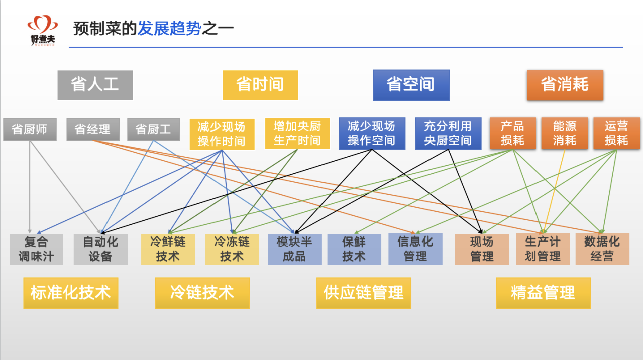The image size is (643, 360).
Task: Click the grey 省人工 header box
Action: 95,85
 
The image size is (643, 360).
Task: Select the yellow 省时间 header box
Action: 260,85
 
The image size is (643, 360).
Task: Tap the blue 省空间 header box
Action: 411,85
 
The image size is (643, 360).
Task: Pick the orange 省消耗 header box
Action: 565,85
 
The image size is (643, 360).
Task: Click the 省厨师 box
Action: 30,130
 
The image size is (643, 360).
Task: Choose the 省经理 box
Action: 93,130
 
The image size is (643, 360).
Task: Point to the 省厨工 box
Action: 153,130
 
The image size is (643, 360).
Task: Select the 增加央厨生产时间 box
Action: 297,134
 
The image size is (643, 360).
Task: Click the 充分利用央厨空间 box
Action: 448,134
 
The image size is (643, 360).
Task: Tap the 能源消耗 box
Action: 565,134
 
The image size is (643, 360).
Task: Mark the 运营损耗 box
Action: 616,134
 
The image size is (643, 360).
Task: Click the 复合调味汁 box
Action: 36,250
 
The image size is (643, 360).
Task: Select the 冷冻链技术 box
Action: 232,250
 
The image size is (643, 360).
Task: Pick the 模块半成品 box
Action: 294,250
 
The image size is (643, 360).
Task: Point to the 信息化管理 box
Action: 415,250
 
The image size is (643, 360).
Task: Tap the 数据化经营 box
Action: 602,250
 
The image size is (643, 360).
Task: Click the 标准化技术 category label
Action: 70,293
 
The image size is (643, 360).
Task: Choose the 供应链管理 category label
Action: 364,293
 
